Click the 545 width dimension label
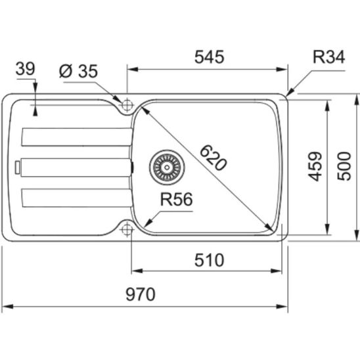pos(209,57)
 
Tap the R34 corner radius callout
pos(328,57)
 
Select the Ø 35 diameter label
pos(78,71)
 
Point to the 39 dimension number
pos(25,68)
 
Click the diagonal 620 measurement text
pos(214,158)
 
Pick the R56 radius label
pos(176,199)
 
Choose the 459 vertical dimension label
pos(315,166)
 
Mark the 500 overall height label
pos(344,166)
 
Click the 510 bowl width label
pos(209,260)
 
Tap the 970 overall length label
pos(141,294)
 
